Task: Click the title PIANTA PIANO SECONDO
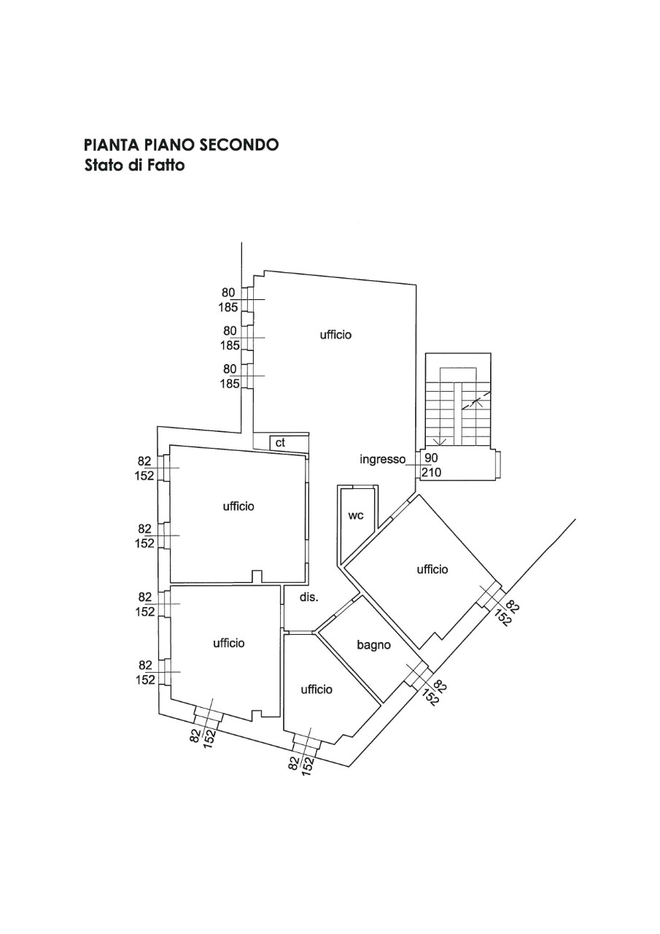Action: coord(181,144)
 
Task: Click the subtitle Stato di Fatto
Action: coord(134,165)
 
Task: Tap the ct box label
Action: coord(279,443)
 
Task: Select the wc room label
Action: coord(356,515)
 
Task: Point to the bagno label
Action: coord(374,645)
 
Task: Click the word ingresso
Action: coord(382,459)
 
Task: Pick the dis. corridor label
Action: coord(310,597)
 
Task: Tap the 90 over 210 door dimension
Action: coord(431,465)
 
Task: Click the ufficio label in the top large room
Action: coord(335,335)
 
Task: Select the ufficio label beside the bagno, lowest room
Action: coord(316,690)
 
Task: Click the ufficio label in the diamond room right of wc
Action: coord(432,569)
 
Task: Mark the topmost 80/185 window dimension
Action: coord(230,300)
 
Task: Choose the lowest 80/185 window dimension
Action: coord(230,376)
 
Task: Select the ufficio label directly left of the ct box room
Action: coord(238,506)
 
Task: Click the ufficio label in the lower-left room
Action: coord(228,643)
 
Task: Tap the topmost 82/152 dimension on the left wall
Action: coord(145,468)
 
